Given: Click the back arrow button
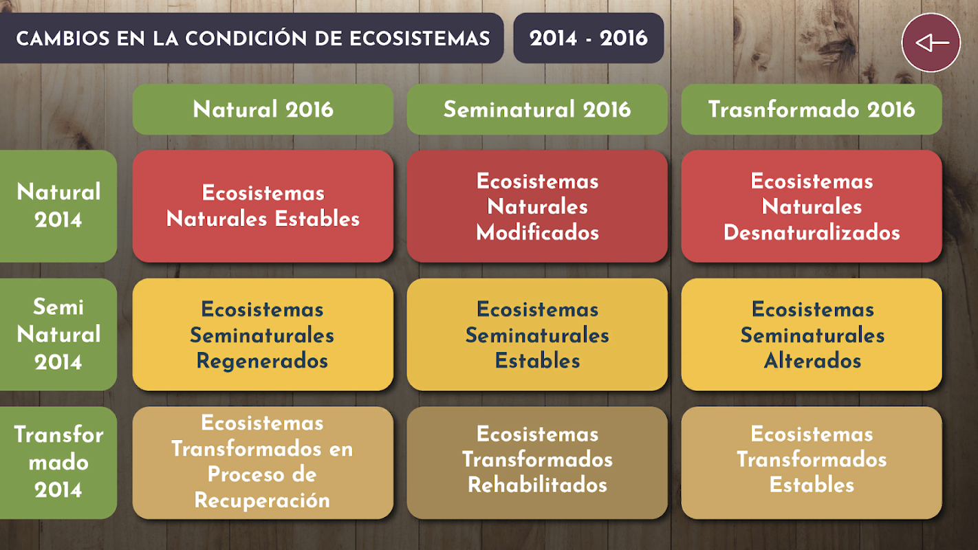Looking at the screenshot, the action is pyautogui.click(x=931, y=43).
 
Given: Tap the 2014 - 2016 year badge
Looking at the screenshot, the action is pyautogui.click(x=589, y=38).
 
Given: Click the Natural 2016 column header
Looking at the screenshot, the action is pyautogui.click(x=263, y=109).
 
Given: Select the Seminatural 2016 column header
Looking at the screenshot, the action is pyautogui.click(x=537, y=109).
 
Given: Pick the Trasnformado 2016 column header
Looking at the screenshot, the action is pyautogui.click(x=811, y=109).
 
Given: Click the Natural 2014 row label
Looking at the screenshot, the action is pyautogui.click(x=58, y=206).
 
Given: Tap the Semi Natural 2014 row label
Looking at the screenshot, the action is pyautogui.click(x=58, y=334).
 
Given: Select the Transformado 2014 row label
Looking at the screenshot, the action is pyautogui.click(x=58, y=463).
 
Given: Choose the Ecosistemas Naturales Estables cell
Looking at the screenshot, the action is pyautogui.click(x=263, y=206).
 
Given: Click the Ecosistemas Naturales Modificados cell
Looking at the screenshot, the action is pyautogui.click(x=537, y=206).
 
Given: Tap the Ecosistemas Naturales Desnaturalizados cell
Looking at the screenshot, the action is pyautogui.click(x=811, y=206).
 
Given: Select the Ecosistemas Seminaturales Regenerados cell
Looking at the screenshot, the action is pyautogui.click(x=263, y=334).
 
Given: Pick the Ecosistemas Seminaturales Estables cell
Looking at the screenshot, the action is pyautogui.click(x=537, y=334).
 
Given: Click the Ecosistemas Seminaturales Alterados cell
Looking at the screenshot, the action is pyautogui.click(x=811, y=334).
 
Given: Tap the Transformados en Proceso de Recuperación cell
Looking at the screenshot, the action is pyautogui.click(x=263, y=463).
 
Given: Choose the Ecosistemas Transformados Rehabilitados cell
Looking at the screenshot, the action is pyautogui.click(x=537, y=463).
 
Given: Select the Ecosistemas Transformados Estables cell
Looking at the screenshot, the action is pyautogui.click(x=811, y=463).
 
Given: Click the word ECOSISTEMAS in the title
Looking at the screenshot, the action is pyautogui.click(x=420, y=38).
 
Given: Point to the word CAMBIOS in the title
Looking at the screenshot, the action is pyautogui.click(x=63, y=38).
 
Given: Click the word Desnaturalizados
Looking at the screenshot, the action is pyautogui.click(x=812, y=232).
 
